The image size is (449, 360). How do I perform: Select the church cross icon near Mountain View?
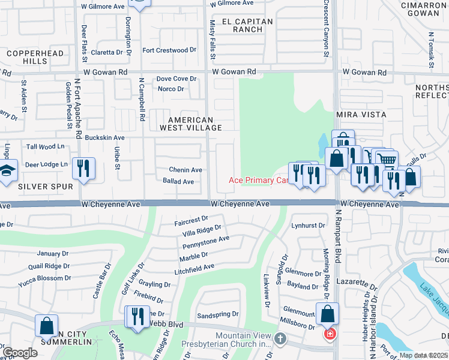pos(279,340)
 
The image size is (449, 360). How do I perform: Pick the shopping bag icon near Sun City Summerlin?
pos(46,326)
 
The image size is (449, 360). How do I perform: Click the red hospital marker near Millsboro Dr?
pos(329,333)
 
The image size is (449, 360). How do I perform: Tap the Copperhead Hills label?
pos(27,57)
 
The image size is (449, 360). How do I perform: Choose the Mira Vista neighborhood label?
pos(361,114)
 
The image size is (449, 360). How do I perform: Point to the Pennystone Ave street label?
pos(206,242)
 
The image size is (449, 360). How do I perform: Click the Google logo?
pos(20,352)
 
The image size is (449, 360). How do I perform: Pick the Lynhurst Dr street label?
pos(308,226)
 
